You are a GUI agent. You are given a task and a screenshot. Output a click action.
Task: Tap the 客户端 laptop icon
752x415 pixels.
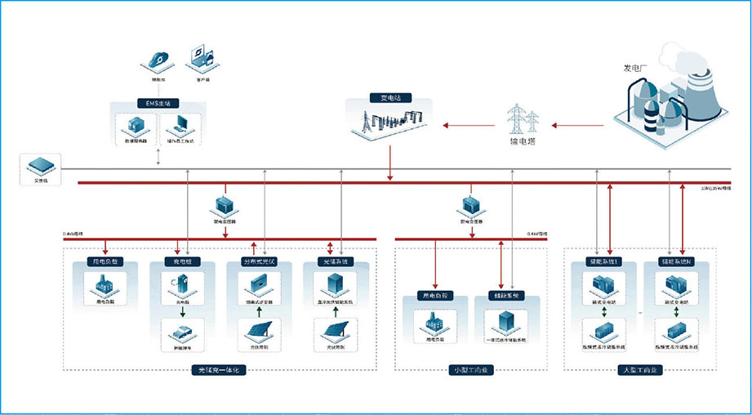tap(202, 57)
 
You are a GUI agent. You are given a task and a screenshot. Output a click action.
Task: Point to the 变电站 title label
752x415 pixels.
tap(386, 99)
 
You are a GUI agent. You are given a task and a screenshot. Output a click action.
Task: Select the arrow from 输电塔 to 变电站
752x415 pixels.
tap(469, 125)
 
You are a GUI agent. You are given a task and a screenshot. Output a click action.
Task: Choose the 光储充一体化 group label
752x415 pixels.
tap(218, 370)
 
